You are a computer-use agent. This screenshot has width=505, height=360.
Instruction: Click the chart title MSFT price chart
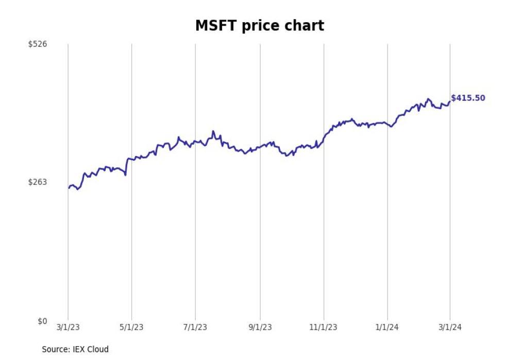point(259,25)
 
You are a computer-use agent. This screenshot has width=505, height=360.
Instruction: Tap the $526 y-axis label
point(38,44)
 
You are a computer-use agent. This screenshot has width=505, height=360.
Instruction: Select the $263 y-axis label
point(38,182)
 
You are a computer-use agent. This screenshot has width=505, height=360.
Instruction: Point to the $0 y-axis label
point(42,321)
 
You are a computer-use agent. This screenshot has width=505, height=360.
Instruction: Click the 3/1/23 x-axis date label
point(68,328)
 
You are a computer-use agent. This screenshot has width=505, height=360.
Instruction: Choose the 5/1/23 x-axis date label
point(131,328)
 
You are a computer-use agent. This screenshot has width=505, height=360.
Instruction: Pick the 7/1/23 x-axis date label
point(195,328)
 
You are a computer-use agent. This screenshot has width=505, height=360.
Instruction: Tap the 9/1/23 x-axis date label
point(260,328)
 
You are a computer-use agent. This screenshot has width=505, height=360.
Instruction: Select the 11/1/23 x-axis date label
point(323,328)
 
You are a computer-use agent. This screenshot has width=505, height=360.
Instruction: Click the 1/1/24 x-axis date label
point(388,328)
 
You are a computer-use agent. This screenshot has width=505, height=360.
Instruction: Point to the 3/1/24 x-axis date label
point(450,328)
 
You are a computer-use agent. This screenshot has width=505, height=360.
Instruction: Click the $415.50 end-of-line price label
point(468,98)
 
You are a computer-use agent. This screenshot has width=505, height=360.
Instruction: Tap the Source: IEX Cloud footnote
point(75,349)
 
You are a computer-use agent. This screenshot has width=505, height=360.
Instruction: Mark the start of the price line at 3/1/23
point(69,188)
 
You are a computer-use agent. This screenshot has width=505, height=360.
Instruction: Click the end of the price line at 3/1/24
point(450,101)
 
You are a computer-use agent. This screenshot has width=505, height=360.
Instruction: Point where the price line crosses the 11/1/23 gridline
point(324,138)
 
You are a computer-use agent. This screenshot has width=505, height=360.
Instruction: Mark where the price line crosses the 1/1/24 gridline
point(388,123)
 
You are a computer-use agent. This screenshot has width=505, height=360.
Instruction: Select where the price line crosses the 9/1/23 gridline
point(260,147)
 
